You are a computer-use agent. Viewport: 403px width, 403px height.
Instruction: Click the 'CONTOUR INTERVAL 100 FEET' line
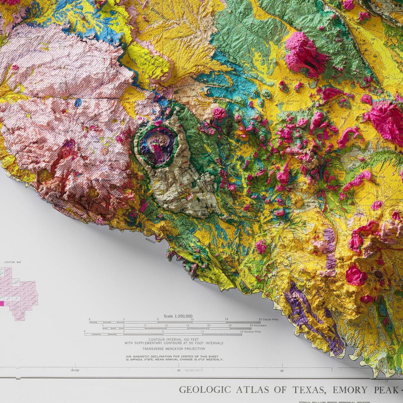(x=173, y=339)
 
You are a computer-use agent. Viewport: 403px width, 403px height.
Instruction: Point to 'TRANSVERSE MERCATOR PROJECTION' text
(x=173, y=349)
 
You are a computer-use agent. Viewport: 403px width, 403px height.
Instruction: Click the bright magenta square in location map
(x=2, y=303)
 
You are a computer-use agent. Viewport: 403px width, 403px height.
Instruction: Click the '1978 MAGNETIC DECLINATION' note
(x=174, y=358)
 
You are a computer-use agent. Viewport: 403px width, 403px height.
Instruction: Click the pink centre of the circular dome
(x=158, y=150)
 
